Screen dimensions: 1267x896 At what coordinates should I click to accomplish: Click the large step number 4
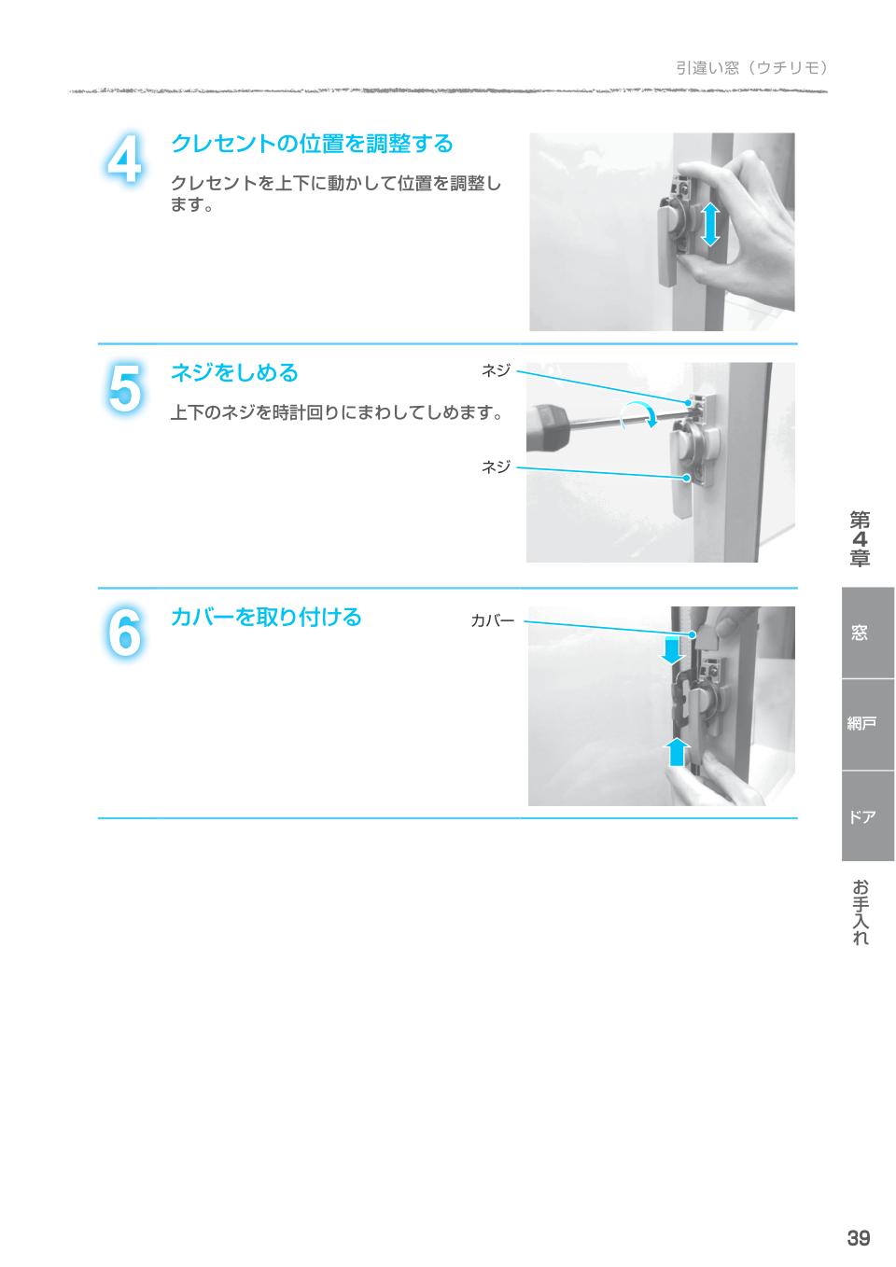[x=123, y=160]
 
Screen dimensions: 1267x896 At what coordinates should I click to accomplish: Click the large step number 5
[x=123, y=389]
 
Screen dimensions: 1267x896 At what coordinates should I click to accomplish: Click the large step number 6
[x=123, y=633]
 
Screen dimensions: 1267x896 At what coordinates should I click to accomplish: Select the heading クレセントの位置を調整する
[x=311, y=144]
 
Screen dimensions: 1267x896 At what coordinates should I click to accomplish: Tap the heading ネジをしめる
[x=233, y=373]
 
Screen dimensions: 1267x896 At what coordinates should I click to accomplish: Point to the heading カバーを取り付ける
[x=265, y=618]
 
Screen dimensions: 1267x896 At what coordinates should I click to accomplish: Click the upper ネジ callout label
[x=496, y=371]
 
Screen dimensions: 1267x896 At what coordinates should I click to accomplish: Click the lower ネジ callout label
[x=496, y=466]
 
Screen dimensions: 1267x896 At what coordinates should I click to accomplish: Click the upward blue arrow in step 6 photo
[x=679, y=751]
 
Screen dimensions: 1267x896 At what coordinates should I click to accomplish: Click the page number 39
[x=858, y=1238]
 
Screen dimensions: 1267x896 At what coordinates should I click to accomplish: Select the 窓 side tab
[x=859, y=633]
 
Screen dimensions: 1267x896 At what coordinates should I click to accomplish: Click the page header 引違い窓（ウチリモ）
[x=752, y=67]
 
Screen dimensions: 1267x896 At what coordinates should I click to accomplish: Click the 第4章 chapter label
[x=860, y=539]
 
